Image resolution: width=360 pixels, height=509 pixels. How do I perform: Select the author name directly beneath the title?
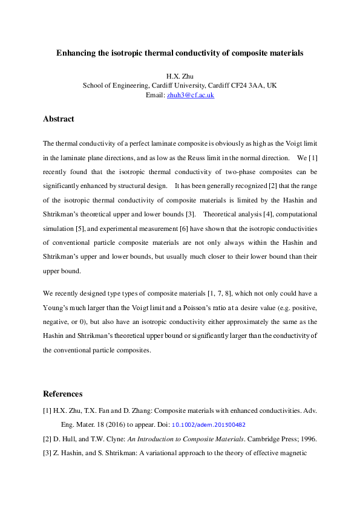click(x=180, y=76)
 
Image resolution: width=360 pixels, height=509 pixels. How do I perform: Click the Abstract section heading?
click(x=59, y=119)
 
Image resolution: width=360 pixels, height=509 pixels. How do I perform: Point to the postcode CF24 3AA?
click(x=245, y=86)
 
